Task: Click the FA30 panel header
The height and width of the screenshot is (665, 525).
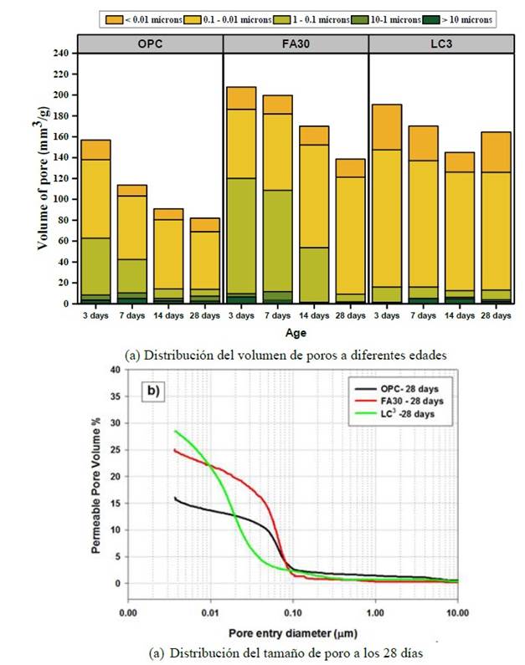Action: (x=296, y=43)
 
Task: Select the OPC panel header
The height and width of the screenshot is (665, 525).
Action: (x=150, y=43)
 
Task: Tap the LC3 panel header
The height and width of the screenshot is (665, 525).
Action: (x=440, y=43)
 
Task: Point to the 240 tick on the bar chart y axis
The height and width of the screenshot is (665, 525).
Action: (x=60, y=53)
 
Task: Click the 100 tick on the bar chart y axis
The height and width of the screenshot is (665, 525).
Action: (x=60, y=199)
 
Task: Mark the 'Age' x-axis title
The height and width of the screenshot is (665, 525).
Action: (x=296, y=331)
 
